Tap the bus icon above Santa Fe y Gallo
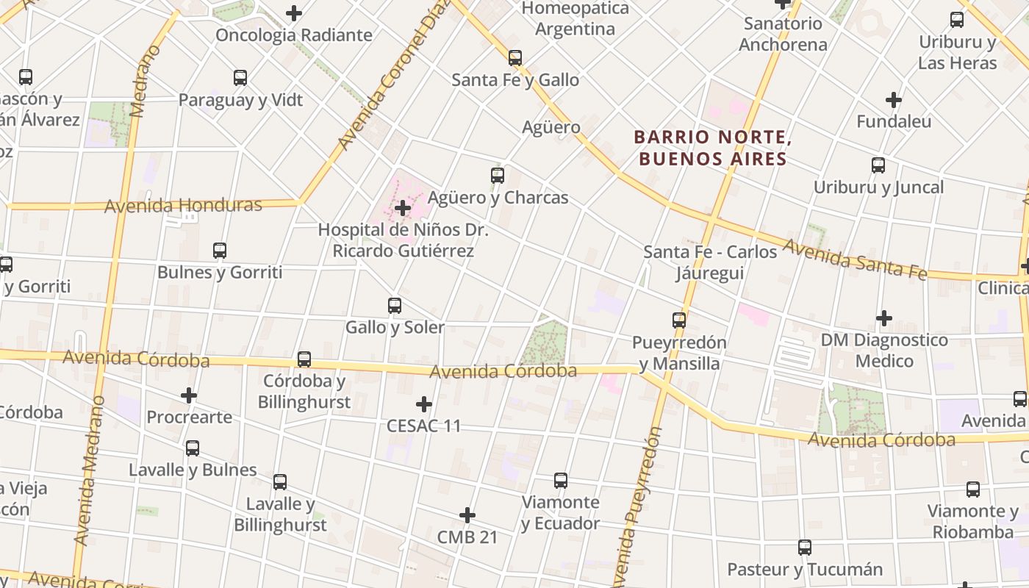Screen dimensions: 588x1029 (515, 58)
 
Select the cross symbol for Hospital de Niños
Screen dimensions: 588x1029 (403, 208)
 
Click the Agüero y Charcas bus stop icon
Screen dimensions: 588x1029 (498, 176)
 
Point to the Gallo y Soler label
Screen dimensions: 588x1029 (395, 327)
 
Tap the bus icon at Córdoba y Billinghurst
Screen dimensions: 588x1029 (304, 359)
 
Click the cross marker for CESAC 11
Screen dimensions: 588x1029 (424, 404)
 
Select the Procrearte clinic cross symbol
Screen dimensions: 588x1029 (189, 395)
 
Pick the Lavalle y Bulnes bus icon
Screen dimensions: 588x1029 (193, 448)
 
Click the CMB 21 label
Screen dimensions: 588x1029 (467, 537)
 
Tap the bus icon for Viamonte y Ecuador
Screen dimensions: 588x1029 (561, 481)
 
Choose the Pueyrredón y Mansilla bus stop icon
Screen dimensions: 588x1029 (679, 320)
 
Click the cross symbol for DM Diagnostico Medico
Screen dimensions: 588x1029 (884, 318)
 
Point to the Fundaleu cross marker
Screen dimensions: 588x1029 (894, 99)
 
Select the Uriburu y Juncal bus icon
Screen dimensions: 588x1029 (878, 165)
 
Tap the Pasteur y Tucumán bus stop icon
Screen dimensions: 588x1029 (805, 548)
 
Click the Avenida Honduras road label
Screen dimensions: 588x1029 (183, 205)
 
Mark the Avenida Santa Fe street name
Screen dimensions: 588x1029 (855, 259)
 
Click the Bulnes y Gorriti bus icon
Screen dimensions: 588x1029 (220, 251)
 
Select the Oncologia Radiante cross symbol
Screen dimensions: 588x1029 (294, 13)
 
